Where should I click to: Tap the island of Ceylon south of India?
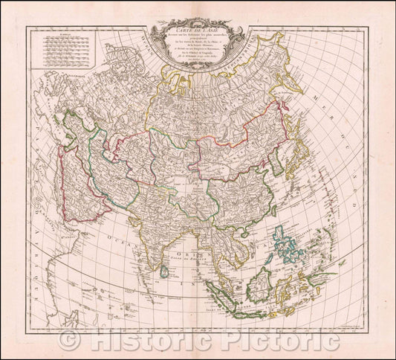tap(164, 272)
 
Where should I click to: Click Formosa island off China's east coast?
tap(269, 212)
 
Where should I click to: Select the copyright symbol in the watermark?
tap(71, 341)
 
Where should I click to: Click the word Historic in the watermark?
tap(149, 341)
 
